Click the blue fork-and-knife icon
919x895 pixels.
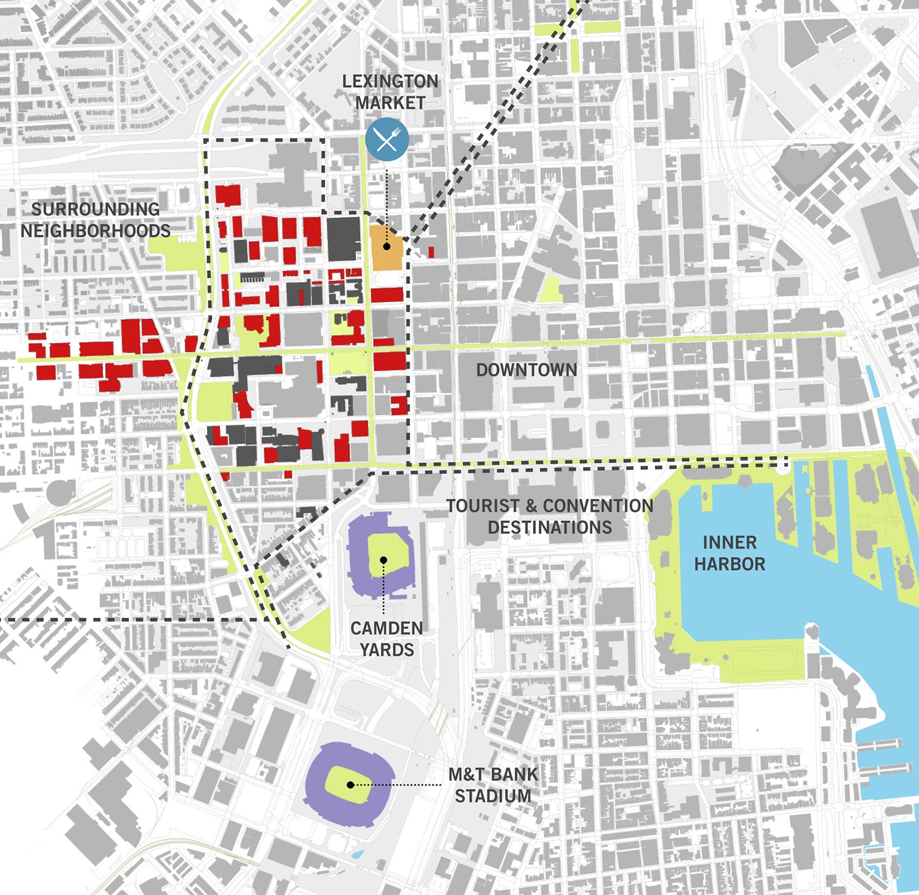click(x=387, y=139)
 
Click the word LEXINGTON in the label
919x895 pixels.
click(x=390, y=81)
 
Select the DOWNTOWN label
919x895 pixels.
click(x=527, y=370)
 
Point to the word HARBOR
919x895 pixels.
click(x=729, y=564)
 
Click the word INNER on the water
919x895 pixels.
click(x=729, y=542)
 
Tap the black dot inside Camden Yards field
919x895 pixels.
click(x=384, y=560)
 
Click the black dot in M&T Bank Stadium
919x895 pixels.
click(x=351, y=785)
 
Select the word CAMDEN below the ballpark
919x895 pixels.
click(x=386, y=628)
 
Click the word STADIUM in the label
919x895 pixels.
click(x=493, y=796)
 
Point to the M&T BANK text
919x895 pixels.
click(x=493, y=774)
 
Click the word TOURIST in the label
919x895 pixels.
click(x=483, y=506)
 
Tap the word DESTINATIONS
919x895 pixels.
click(x=550, y=527)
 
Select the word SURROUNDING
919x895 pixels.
click(x=96, y=209)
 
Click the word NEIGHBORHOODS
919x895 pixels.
click(x=96, y=231)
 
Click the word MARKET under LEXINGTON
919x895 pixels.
click(x=390, y=103)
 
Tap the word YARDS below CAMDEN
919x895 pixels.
click(x=386, y=650)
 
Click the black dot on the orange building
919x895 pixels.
click(x=387, y=246)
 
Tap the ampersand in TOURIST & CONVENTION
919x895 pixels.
click(x=531, y=506)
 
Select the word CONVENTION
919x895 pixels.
click(x=598, y=506)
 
